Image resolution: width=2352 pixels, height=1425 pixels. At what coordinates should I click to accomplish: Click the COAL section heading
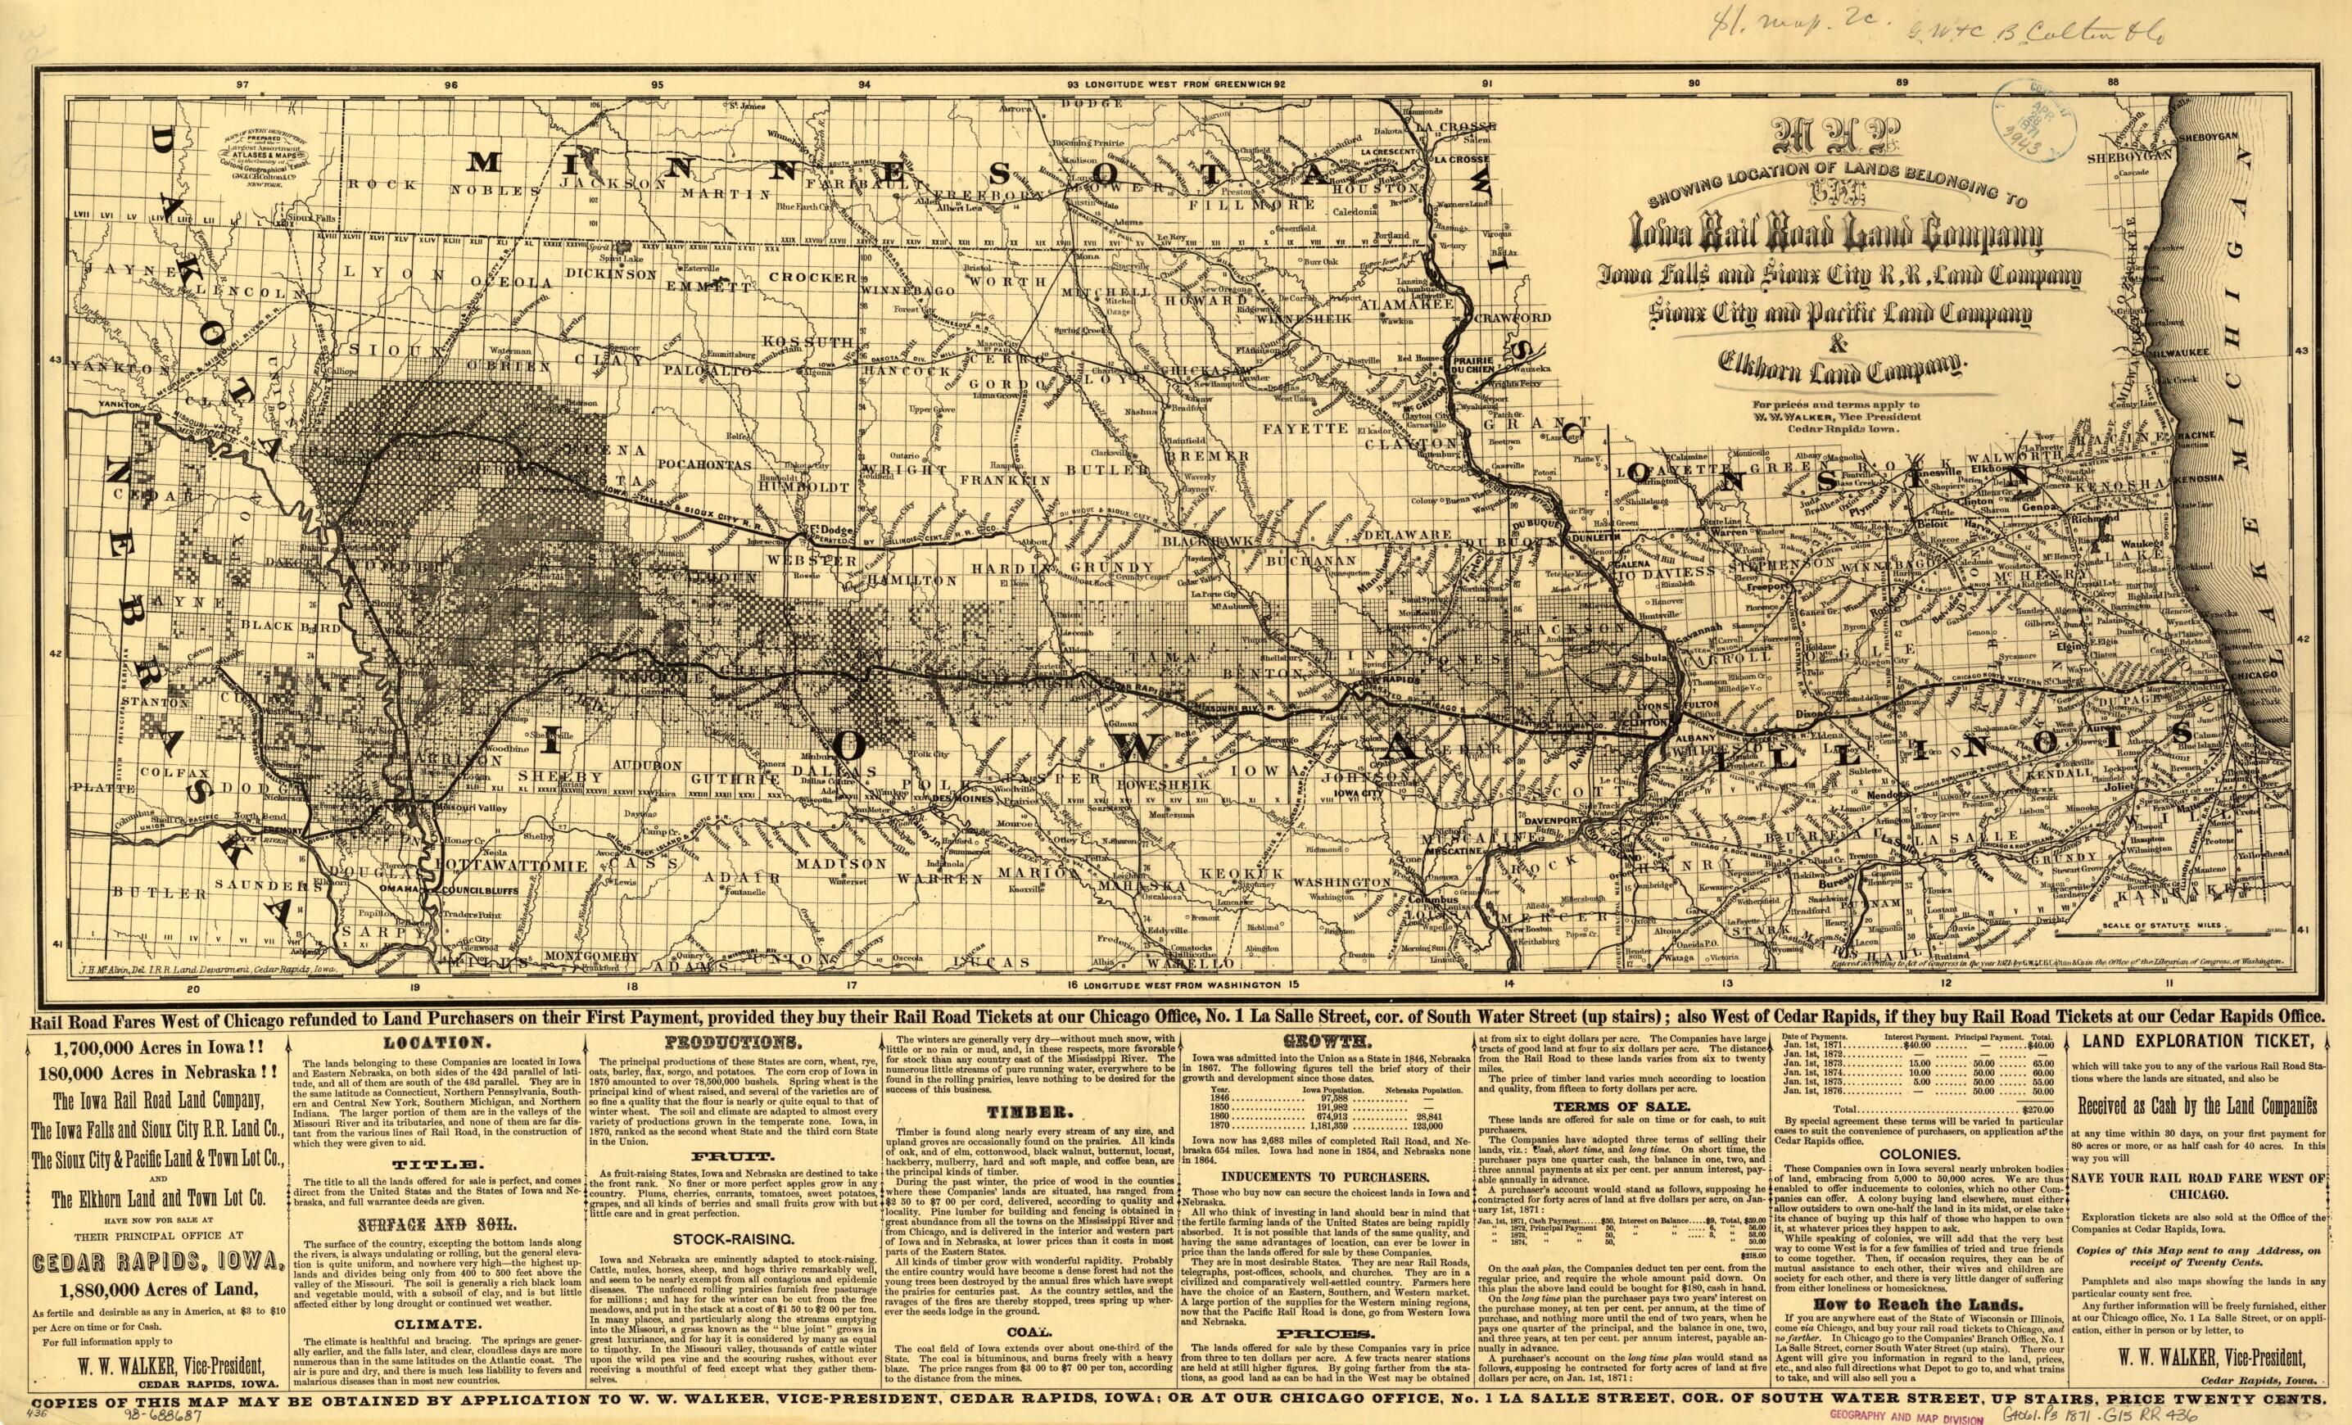coord(1028,1332)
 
